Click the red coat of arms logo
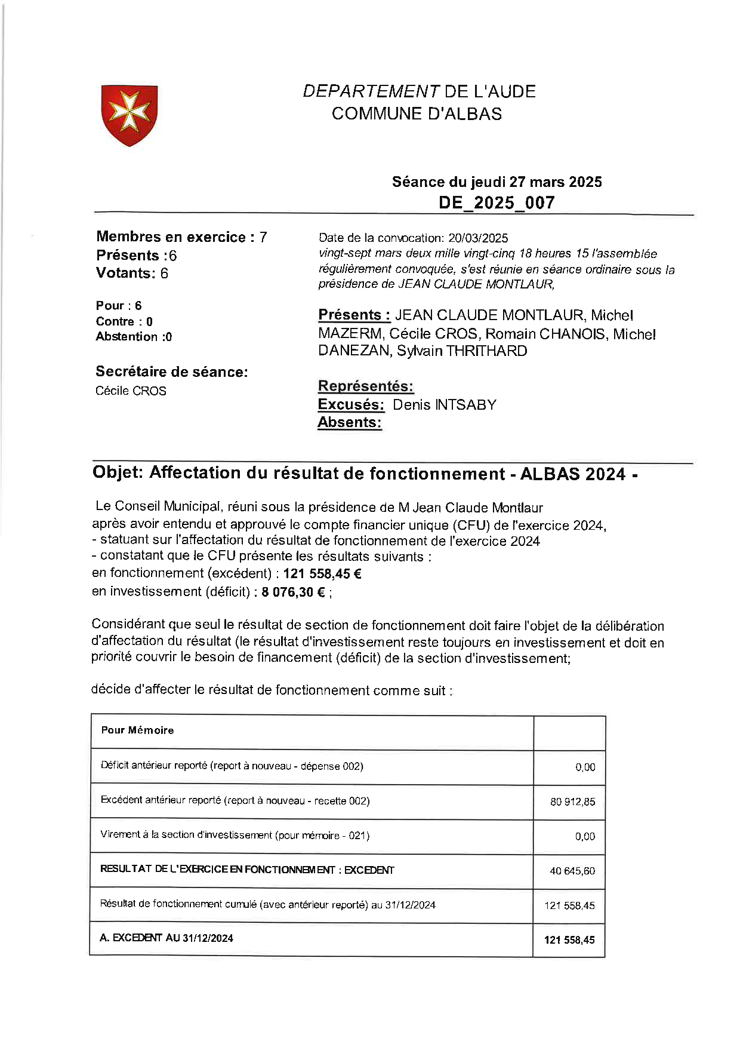point(129,115)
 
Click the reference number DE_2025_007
point(497,202)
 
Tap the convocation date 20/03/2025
point(478,238)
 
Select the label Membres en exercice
point(171,237)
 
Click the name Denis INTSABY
point(444,405)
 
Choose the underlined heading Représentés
point(365,386)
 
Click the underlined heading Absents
point(349,422)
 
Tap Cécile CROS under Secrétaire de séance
point(131,391)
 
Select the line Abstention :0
point(134,337)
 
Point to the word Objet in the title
point(118,472)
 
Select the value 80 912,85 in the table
point(572,802)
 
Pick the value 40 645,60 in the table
point(572,871)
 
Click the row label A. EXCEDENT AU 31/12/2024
point(166,938)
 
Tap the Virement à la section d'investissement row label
point(235,835)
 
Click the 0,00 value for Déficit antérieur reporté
point(585,767)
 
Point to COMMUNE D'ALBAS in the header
point(417,114)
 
